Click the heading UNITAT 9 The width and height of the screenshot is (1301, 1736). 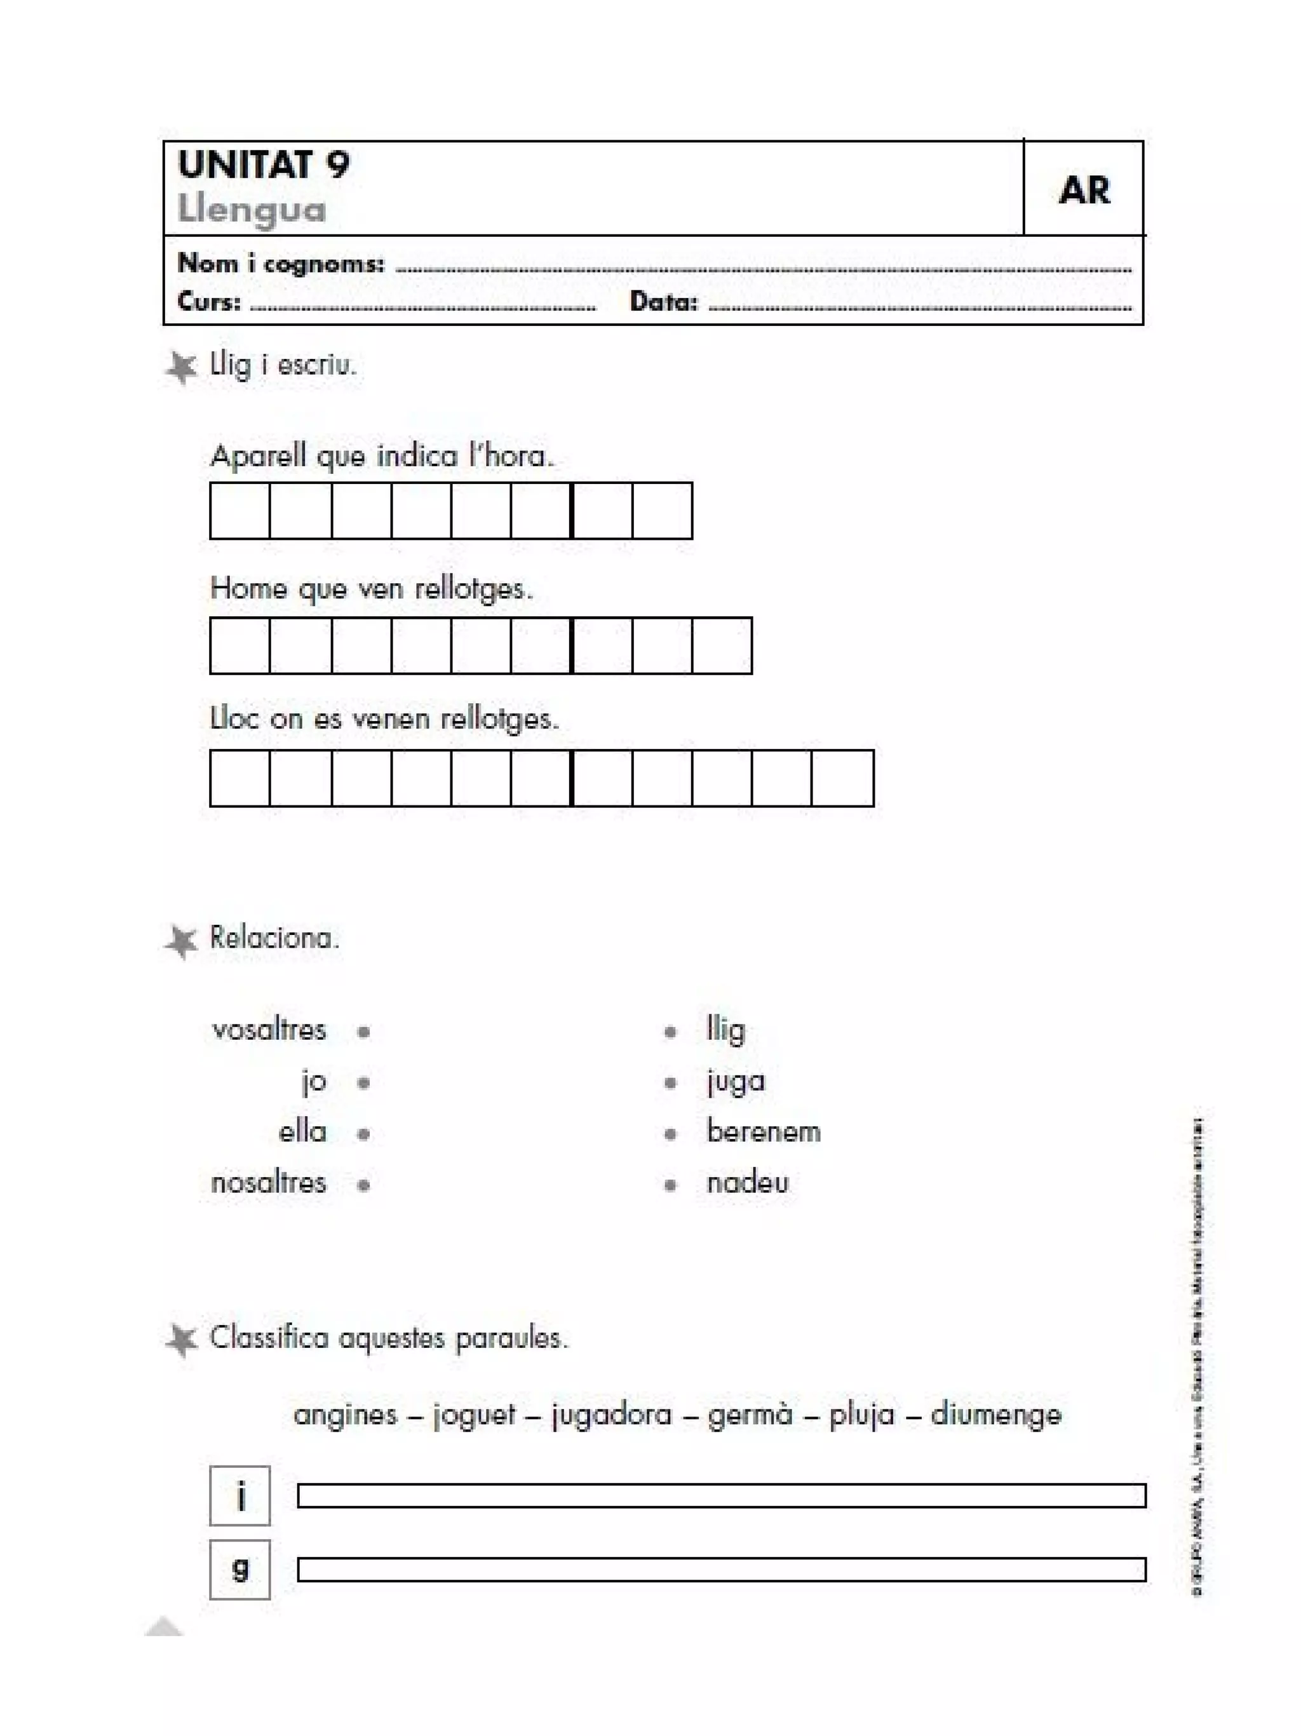(x=263, y=164)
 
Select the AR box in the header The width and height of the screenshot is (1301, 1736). (x=1084, y=190)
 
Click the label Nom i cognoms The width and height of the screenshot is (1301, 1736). (x=281, y=264)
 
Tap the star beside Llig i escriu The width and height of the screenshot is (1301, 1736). (x=181, y=367)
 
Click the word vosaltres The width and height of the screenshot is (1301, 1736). (x=268, y=1030)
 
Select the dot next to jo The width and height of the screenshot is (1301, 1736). (x=363, y=1083)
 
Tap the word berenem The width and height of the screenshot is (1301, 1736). (x=763, y=1133)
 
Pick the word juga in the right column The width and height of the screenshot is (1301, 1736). (x=735, y=1082)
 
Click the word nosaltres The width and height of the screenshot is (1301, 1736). (x=268, y=1183)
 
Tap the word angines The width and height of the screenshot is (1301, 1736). (x=345, y=1415)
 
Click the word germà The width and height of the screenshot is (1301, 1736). (x=750, y=1415)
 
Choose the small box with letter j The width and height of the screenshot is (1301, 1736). (x=240, y=1495)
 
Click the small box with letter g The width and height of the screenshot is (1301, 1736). (x=240, y=1570)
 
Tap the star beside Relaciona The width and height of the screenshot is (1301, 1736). (x=181, y=941)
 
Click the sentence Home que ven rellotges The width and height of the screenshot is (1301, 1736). (x=371, y=589)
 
